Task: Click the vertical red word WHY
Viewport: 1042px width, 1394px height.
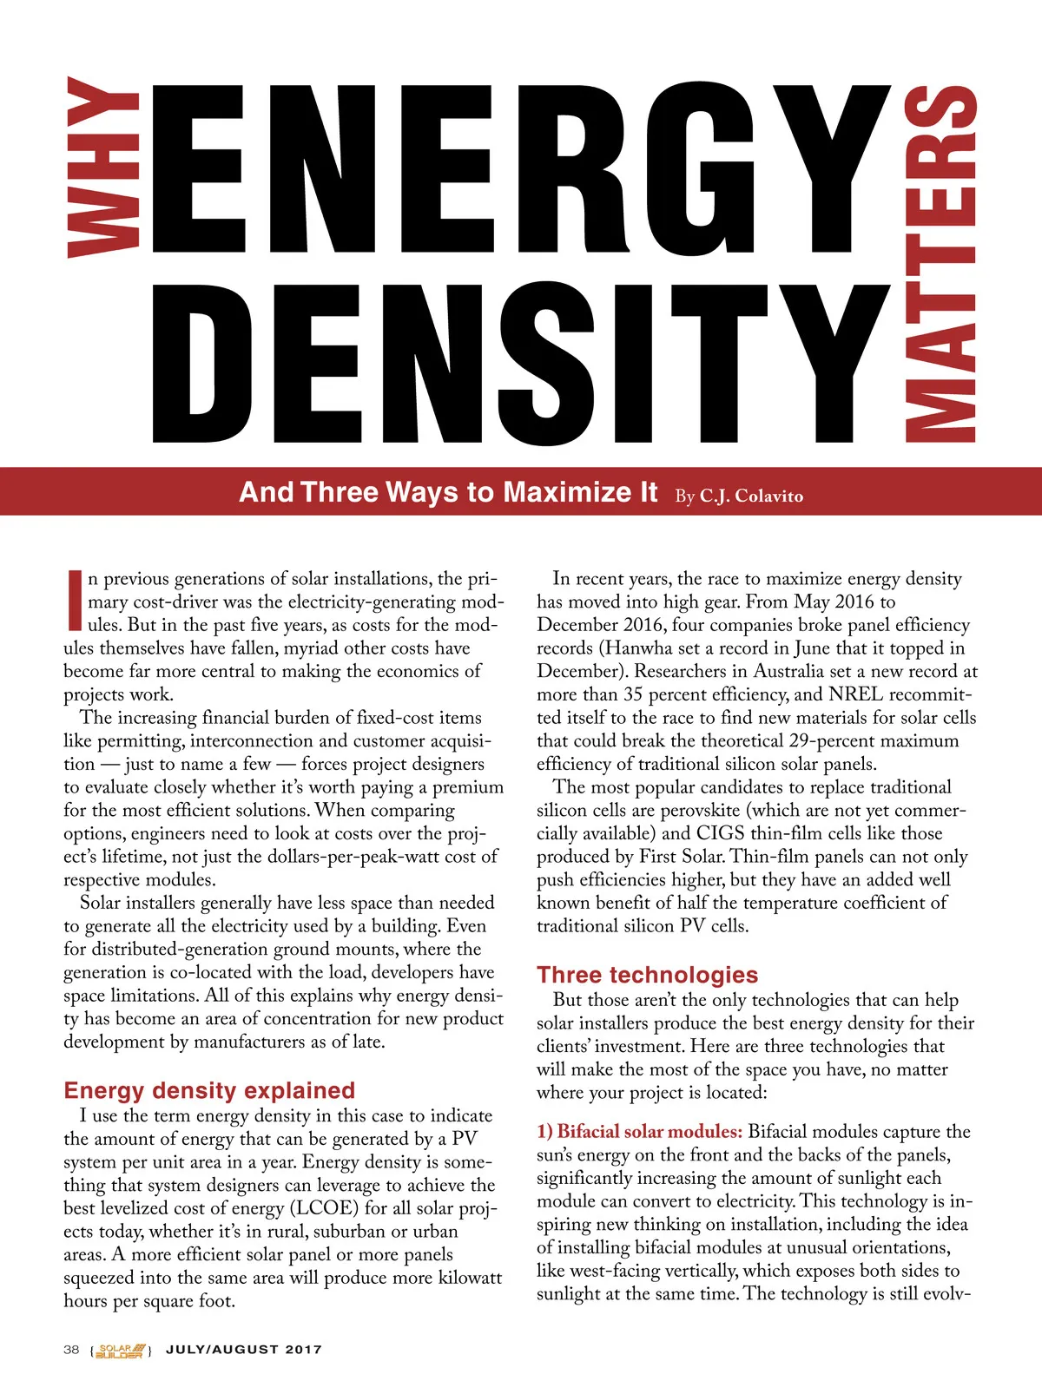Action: pyautogui.click(x=102, y=168)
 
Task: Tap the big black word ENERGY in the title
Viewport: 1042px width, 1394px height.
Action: pyautogui.click(x=521, y=168)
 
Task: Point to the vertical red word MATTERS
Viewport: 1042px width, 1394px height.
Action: pyautogui.click(x=941, y=265)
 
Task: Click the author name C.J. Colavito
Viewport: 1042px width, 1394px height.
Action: pyautogui.click(x=751, y=496)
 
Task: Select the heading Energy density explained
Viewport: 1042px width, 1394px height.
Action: pyautogui.click(x=209, y=1090)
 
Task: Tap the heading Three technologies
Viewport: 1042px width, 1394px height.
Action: pyautogui.click(x=647, y=975)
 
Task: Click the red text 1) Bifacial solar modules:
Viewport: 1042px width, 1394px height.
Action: pyautogui.click(x=639, y=1132)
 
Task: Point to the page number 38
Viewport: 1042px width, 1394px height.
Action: pyautogui.click(x=71, y=1350)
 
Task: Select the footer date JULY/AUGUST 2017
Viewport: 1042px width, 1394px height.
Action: pyautogui.click(x=244, y=1350)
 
